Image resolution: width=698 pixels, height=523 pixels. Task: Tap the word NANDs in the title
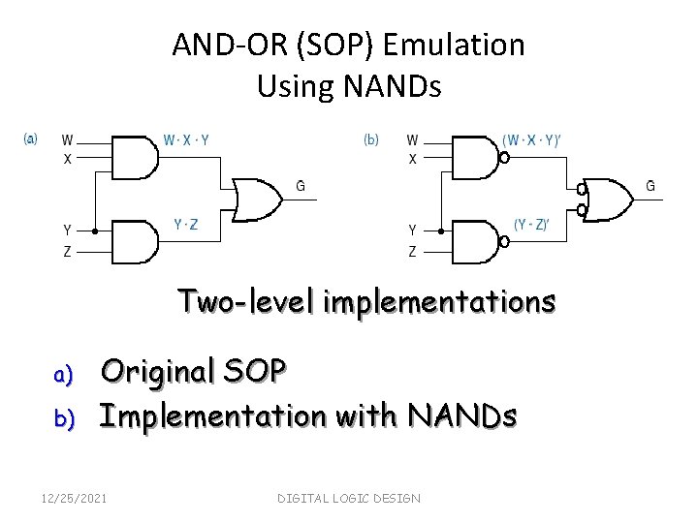[395, 87]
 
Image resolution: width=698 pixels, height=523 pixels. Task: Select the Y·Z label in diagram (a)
[187, 224]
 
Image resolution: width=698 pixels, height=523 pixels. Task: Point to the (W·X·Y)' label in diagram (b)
[532, 139]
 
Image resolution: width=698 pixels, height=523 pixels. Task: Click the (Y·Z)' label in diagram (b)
[531, 225]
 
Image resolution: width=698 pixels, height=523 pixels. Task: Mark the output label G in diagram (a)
[301, 186]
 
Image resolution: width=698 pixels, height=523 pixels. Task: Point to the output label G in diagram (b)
[650, 185]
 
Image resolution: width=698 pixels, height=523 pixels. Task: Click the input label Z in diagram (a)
[67, 252]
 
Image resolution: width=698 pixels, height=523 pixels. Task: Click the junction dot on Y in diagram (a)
[94, 232]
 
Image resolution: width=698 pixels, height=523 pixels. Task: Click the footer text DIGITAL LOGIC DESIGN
[349, 498]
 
